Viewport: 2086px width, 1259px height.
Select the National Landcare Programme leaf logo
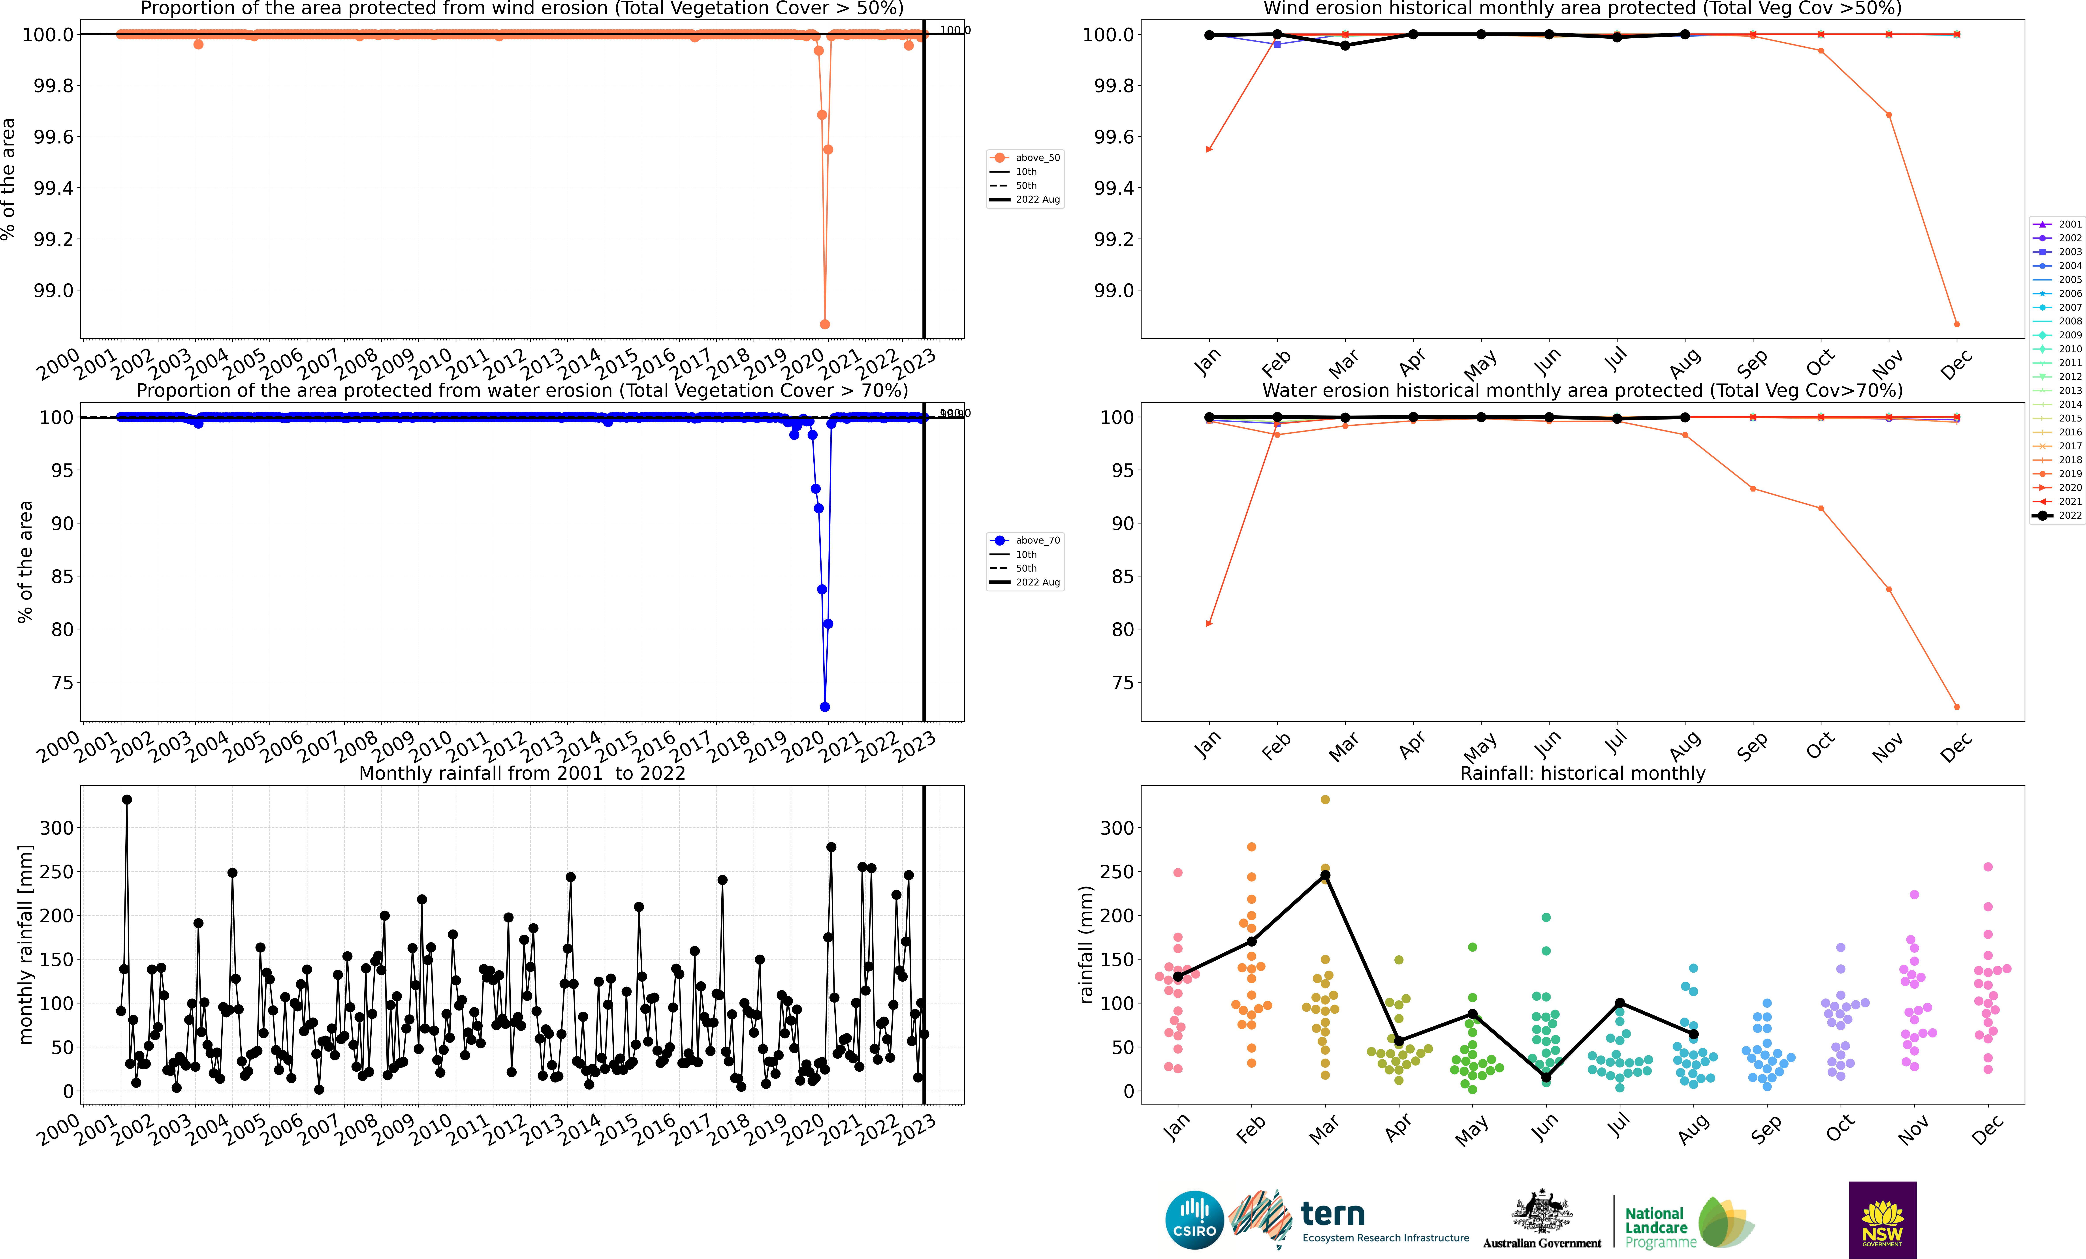click(x=1725, y=1222)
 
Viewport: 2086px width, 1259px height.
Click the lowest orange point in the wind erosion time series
click(x=825, y=324)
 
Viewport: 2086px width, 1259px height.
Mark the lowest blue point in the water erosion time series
click(x=825, y=707)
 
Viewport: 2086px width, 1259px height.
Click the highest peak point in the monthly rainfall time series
click(x=127, y=799)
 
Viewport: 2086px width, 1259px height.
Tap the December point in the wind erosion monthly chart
click(x=1956, y=324)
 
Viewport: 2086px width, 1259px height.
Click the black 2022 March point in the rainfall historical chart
click(x=1325, y=875)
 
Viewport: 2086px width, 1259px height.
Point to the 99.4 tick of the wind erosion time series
click(x=53, y=188)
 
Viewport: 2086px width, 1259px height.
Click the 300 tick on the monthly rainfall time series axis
click(x=57, y=828)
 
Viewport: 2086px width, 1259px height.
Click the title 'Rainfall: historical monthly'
click(x=1582, y=773)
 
